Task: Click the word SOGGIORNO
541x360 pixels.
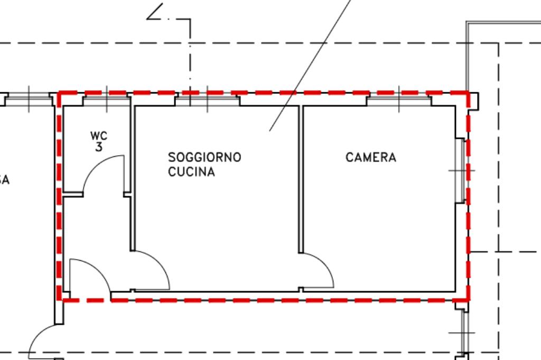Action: [x=204, y=157]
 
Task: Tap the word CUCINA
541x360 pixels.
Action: [x=191, y=172]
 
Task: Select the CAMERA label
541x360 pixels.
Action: [x=371, y=157]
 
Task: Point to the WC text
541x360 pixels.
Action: [x=99, y=137]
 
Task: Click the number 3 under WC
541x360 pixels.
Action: [x=99, y=147]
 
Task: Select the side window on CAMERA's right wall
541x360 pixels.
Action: [x=460, y=170]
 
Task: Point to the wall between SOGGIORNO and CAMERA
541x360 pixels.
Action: [x=301, y=179]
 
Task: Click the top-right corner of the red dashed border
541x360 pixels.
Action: [x=468, y=93]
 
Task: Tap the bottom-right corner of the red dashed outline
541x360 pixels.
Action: [x=468, y=300]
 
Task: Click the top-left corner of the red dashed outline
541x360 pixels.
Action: [x=59, y=93]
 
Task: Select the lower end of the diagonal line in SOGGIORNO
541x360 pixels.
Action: [x=270, y=130]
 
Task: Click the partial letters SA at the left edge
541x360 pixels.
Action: [x=4, y=181]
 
